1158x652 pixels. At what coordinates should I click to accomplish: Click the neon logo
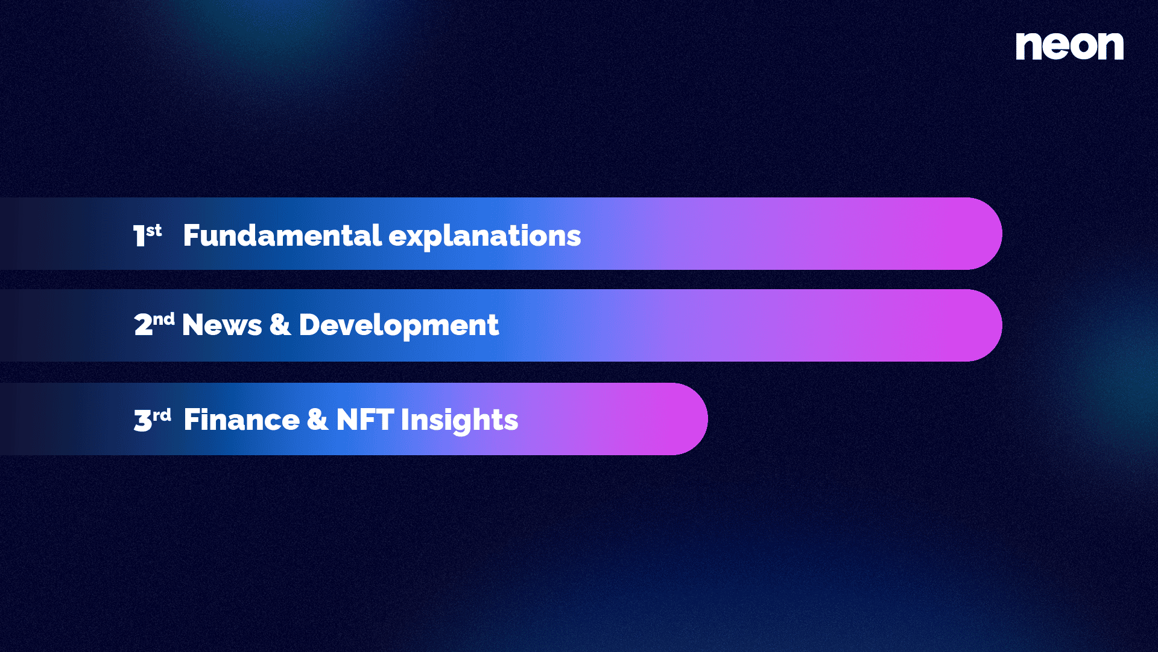coord(1069,46)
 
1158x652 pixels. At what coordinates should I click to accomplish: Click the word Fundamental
coord(282,235)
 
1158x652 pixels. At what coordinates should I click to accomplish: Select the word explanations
coord(485,237)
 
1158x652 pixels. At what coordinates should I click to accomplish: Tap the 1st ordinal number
coord(148,235)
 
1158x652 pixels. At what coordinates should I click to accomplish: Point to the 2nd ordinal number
coord(154,324)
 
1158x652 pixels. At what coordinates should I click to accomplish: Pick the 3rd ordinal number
coord(153,420)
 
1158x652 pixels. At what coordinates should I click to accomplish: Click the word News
coord(222,325)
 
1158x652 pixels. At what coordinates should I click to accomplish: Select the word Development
coord(399,326)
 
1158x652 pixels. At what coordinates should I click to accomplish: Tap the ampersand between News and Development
coord(280,324)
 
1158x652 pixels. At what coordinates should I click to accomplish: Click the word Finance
coord(241,420)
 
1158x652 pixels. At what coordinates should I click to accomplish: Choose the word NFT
coord(365,420)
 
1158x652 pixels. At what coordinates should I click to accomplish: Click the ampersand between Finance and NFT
coord(318,420)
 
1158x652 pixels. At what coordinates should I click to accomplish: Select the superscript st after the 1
coord(154,230)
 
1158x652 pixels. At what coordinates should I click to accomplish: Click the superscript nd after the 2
coord(163,319)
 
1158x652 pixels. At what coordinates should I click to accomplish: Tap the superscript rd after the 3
coord(162,415)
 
